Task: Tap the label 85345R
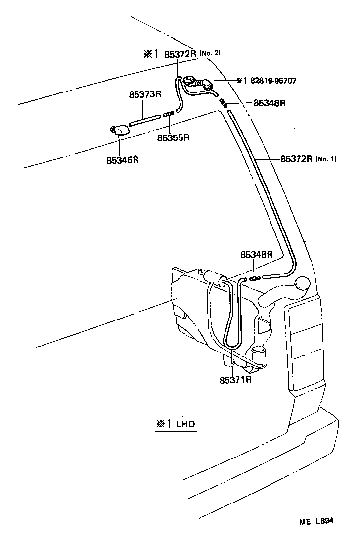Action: coord(122,160)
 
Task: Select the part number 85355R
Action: coord(174,138)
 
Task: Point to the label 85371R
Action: coord(236,380)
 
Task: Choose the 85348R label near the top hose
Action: coord(270,103)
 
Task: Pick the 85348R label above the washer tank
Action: coord(257,255)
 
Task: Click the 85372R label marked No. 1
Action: coord(297,159)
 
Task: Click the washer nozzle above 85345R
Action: coord(119,130)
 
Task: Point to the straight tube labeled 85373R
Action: coord(145,119)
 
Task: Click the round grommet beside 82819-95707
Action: coord(189,81)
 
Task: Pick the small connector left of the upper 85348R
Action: coord(224,103)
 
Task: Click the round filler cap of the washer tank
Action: coord(302,283)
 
